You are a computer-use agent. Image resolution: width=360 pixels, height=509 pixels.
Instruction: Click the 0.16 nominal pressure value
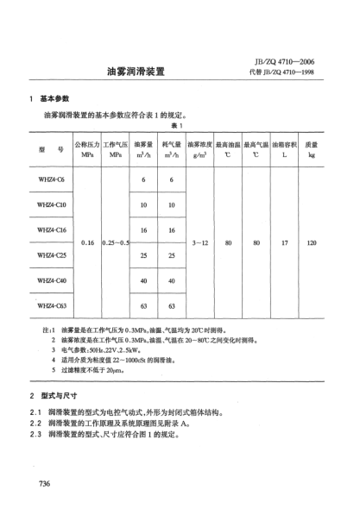[87, 243]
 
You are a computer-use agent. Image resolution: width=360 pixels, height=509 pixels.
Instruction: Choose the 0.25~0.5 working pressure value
[116, 243]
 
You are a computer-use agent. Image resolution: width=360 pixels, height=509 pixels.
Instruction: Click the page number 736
[47, 481]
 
